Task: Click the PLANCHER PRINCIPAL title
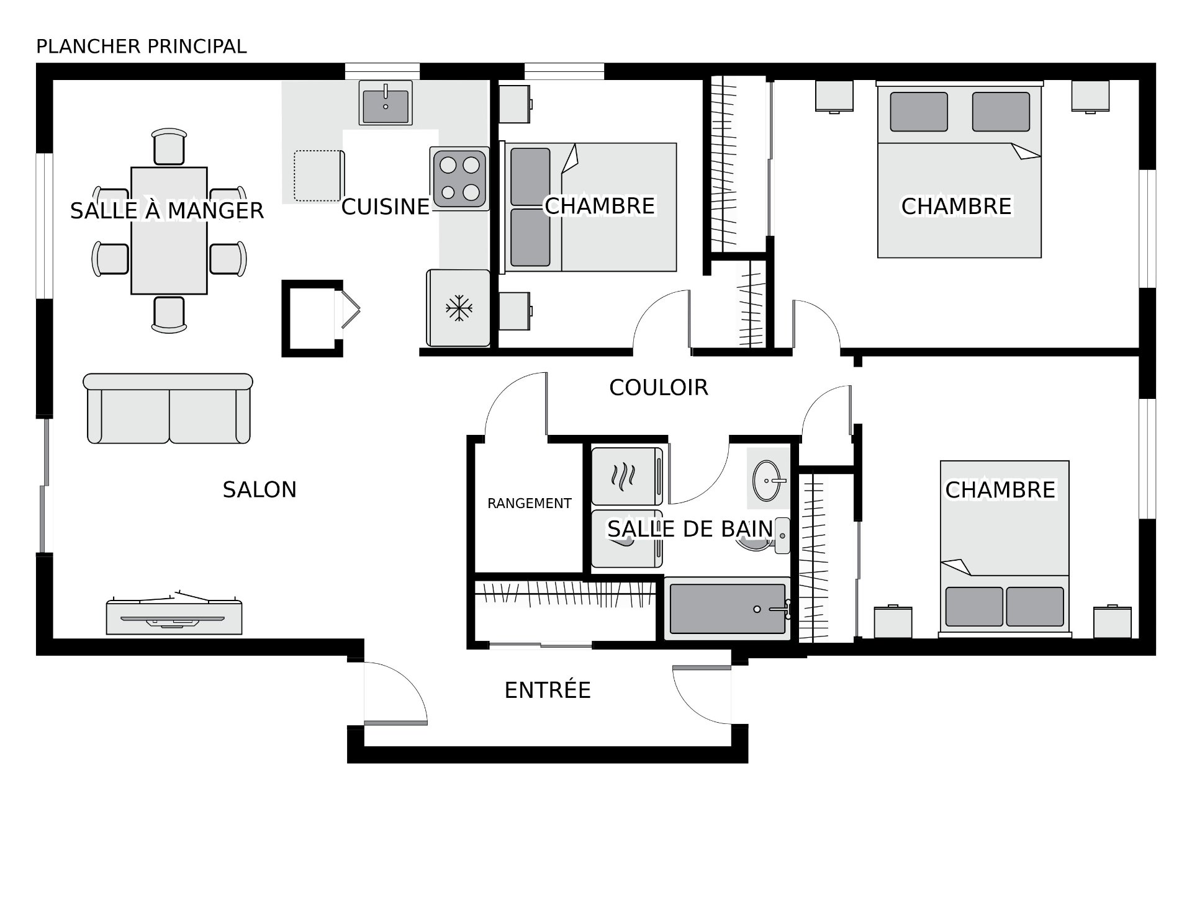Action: (x=142, y=47)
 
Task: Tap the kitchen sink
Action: (x=386, y=103)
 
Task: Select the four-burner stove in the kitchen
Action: (x=459, y=179)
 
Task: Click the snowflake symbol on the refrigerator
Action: (x=459, y=308)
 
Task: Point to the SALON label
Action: (x=260, y=490)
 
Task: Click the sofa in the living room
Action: (x=168, y=408)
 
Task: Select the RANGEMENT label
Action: (x=529, y=504)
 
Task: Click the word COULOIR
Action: (x=659, y=388)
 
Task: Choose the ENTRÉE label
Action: (x=548, y=690)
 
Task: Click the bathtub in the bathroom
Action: (x=728, y=609)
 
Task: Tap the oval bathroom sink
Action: (x=768, y=480)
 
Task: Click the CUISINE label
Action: (x=386, y=207)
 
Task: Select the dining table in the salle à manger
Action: (x=169, y=231)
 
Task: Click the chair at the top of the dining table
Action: (x=169, y=146)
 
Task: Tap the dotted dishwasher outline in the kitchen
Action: (x=319, y=176)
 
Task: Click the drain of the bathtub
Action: (x=757, y=609)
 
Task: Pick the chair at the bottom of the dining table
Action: (x=169, y=315)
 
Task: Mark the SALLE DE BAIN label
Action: (x=690, y=529)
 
